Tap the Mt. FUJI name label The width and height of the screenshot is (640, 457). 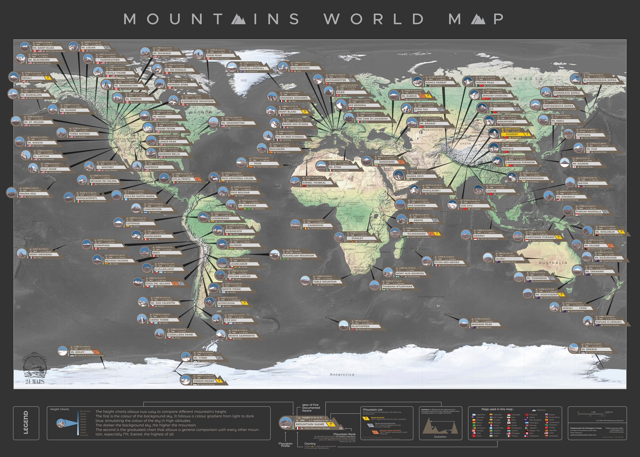591,149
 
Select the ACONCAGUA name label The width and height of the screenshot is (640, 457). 226,303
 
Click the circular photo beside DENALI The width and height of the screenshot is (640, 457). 14,77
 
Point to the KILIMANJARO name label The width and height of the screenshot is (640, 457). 416,234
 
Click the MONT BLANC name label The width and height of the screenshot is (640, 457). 288,112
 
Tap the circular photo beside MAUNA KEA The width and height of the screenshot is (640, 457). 11,192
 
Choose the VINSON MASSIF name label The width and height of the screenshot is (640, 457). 203,381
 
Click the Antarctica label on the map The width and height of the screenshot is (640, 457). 342,374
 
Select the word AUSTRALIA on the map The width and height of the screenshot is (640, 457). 553,263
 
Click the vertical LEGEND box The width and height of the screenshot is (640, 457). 26,423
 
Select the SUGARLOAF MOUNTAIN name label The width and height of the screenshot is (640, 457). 298,255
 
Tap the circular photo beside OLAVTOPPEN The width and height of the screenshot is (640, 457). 343,325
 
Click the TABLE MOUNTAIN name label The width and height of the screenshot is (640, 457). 324,281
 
